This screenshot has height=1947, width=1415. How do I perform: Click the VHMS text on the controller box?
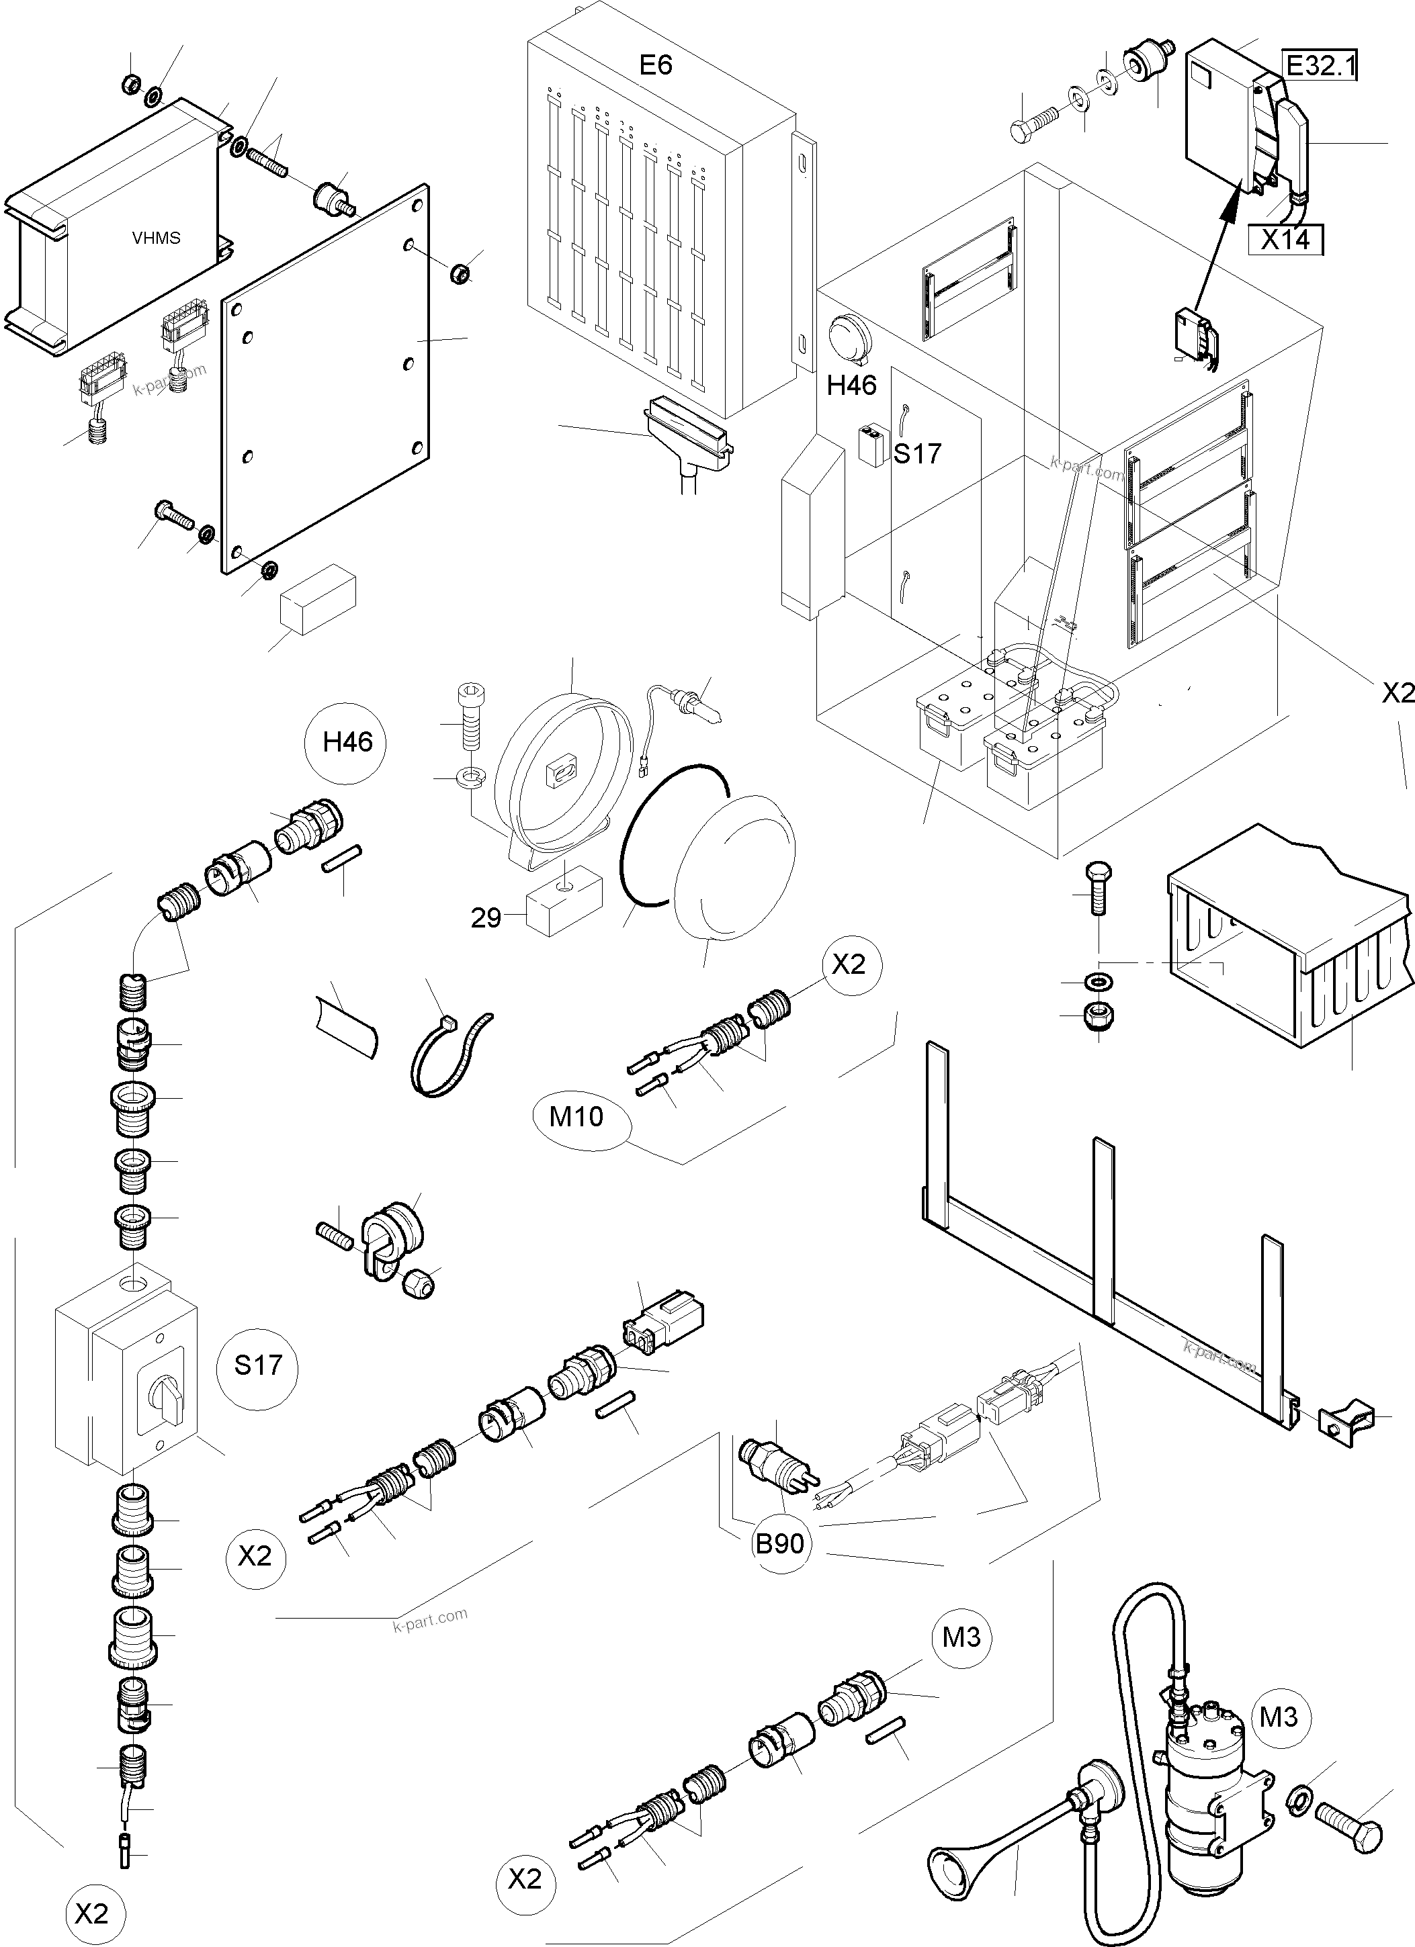tap(157, 238)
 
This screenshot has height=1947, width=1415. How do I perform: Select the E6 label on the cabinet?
tap(656, 65)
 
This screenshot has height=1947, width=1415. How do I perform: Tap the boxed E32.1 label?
tap(1320, 65)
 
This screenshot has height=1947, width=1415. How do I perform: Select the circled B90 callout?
tap(779, 1543)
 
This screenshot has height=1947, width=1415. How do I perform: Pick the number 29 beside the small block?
tap(485, 919)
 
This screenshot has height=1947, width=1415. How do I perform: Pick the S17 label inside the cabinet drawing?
tap(917, 453)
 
